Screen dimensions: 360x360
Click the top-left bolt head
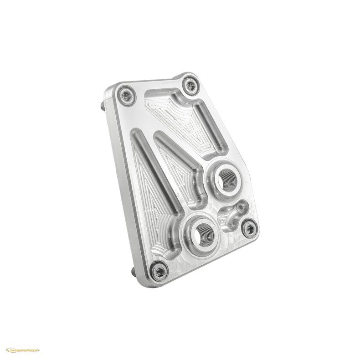coord(124,95)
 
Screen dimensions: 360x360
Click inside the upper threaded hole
coord(226,179)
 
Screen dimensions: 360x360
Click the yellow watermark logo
coord(22,350)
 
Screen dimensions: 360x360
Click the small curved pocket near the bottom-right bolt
coord(230,218)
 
